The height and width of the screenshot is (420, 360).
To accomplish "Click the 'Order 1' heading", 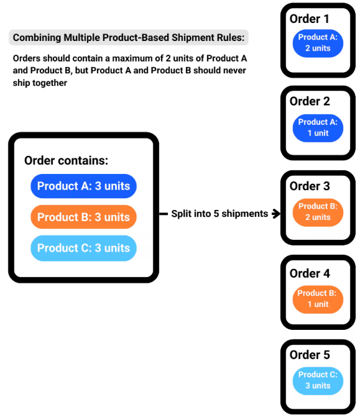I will coord(310,19).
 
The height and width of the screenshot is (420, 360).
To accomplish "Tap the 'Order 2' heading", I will coord(310,101).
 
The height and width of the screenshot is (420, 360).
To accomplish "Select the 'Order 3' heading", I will coord(310,186).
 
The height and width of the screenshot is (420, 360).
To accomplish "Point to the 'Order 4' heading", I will coord(310,273).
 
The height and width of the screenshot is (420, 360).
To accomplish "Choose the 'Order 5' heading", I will coord(310,355).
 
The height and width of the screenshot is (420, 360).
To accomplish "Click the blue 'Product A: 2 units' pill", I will coord(318,43).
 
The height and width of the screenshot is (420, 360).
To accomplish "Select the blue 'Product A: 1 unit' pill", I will coord(318,127).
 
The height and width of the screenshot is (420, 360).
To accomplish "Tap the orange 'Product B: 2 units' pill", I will coord(318,212).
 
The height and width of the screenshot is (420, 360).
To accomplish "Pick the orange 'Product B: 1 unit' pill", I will coord(318,299).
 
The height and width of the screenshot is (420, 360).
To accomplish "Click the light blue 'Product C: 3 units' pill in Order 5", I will coord(318,380).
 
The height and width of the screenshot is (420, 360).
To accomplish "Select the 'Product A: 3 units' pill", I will coord(83,186).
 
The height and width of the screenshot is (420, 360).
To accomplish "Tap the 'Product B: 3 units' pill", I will coord(83,217).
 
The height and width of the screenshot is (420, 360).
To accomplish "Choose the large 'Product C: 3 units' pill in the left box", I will coord(83,248).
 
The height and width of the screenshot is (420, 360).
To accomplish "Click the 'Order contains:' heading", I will coord(66,160).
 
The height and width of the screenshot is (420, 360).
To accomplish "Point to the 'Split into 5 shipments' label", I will coord(219,214).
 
